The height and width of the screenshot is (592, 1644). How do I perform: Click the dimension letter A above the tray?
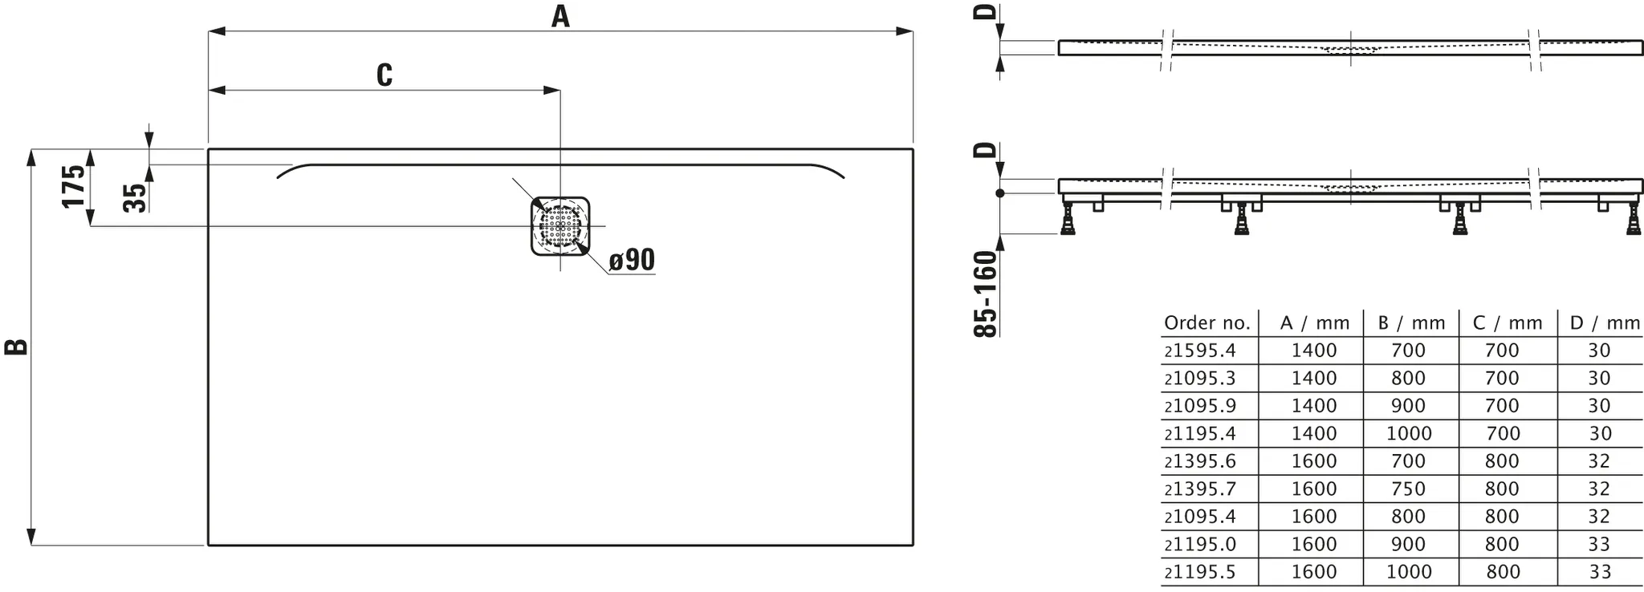[x=560, y=16]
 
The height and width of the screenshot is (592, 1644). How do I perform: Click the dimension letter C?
[x=385, y=75]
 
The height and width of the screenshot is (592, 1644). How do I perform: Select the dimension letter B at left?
[x=17, y=347]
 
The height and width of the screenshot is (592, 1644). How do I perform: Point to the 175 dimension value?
[x=74, y=187]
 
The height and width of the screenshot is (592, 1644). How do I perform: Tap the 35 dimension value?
[x=136, y=197]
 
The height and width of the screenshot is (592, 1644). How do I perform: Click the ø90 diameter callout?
[x=632, y=260]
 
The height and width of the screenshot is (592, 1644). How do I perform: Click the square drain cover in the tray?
[x=560, y=226]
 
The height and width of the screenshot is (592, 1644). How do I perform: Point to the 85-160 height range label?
[x=985, y=294]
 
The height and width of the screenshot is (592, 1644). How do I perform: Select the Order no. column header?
[x=1207, y=323]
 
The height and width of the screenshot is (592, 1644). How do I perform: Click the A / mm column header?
[x=1315, y=323]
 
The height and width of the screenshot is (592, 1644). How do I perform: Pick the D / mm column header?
[x=1605, y=323]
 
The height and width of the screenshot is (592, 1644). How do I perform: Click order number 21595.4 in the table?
[x=1200, y=351]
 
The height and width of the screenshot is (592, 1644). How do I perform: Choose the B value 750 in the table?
[x=1409, y=489]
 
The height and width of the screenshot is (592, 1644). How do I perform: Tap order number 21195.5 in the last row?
[x=1200, y=572]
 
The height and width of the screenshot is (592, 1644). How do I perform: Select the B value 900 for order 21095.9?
[x=1409, y=406]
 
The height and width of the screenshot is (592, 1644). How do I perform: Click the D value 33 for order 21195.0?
[x=1599, y=545]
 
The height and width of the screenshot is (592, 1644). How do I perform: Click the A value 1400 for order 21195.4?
[x=1314, y=433]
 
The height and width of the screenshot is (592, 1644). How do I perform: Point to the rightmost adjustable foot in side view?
[x=1634, y=217]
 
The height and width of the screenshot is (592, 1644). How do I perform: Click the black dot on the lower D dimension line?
[x=1000, y=193]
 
